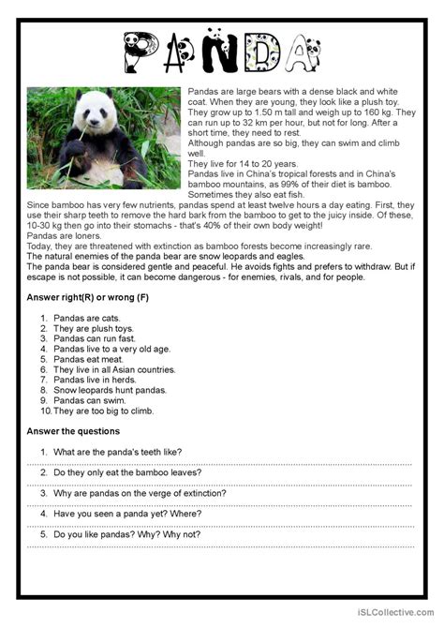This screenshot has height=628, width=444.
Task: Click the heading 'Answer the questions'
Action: [73, 431]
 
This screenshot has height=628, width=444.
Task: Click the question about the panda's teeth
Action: [117, 452]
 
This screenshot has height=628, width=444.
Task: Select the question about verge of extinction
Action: [140, 493]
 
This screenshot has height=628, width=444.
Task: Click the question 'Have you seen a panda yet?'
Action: [133, 514]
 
